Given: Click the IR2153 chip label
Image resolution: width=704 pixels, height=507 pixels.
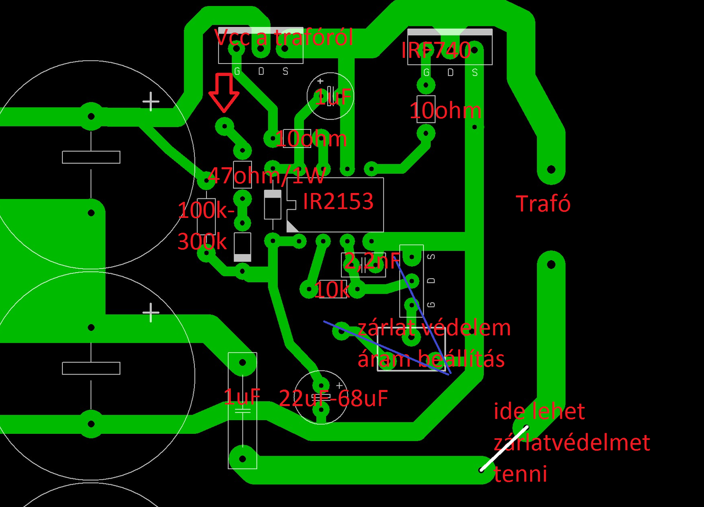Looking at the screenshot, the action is point(338,202).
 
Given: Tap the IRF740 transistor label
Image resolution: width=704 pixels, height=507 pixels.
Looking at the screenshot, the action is point(436,51).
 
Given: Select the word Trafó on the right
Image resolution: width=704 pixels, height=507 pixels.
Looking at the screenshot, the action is point(543,204).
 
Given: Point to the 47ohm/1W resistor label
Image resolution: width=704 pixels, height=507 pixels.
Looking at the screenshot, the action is point(267,177).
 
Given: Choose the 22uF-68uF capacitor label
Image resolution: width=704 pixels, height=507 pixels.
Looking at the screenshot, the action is point(333,398).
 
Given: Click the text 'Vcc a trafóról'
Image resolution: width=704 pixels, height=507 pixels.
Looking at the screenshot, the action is point(283,38).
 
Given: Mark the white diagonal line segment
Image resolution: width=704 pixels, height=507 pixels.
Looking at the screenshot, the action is point(503,449).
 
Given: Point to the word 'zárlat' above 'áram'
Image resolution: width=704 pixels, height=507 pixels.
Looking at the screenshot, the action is point(384,328).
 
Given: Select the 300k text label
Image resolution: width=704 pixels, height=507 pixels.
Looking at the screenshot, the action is point(202,241).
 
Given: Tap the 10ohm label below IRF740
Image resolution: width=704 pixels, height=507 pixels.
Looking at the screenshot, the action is point(446,111).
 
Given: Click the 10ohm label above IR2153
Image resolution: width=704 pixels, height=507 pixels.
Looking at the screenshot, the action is point(311,139).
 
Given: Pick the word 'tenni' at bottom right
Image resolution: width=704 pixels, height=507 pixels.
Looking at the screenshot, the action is point(520,473).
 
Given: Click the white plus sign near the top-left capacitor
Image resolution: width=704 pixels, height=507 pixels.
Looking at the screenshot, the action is point(151,102).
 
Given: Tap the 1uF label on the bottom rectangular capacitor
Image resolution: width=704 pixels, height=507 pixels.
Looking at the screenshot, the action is point(241,396).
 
